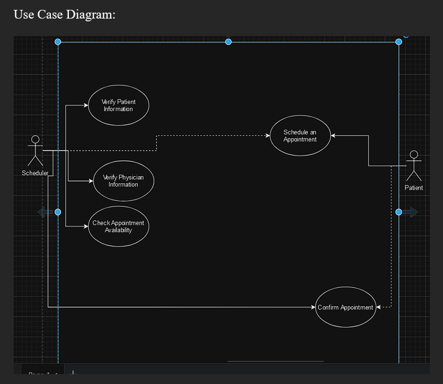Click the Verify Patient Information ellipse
(x=118, y=105)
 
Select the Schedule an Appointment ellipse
(x=300, y=136)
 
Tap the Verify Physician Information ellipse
(x=123, y=181)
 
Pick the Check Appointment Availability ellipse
(x=118, y=226)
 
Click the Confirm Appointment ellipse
(x=346, y=307)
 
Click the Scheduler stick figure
(x=36, y=151)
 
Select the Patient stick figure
(x=414, y=166)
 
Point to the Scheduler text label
(x=35, y=173)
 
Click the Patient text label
(x=413, y=188)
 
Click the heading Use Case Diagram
(x=65, y=14)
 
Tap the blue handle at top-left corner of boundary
(x=58, y=42)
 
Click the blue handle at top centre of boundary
(x=229, y=42)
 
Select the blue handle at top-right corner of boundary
(x=399, y=42)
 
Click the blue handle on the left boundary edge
(x=58, y=212)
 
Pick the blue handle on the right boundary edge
(x=399, y=212)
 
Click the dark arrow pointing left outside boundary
(x=45, y=212)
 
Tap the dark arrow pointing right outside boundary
(x=411, y=212)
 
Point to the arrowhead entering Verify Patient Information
(x=85, y=105)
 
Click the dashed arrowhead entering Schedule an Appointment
(x=267, y=136)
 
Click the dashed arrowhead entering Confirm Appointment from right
(x=379, y=307)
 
